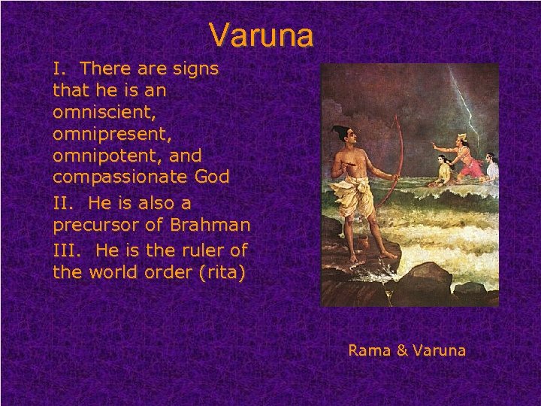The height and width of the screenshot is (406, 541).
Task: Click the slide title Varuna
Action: [261, 35]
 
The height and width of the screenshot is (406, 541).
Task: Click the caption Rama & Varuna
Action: [407, 350]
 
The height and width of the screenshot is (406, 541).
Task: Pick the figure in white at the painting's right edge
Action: [491, 165]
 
